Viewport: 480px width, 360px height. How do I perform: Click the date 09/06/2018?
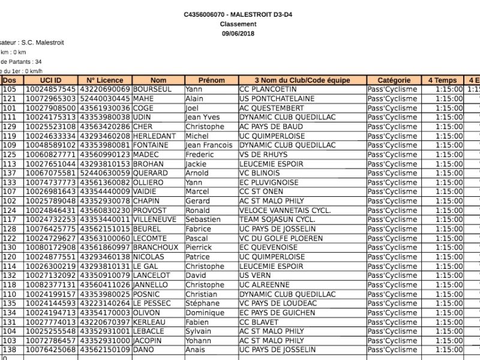pos(238,33)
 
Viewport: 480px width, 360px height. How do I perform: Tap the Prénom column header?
pos(211,80)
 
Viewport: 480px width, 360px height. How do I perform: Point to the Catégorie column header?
pos(394,80)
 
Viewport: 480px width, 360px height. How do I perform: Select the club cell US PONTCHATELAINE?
pos(277,98)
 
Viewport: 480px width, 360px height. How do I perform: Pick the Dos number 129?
pos(10,127)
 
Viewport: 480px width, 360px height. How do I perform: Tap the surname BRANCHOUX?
pos(155,248)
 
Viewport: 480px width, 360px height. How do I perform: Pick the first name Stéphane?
pos(202,304)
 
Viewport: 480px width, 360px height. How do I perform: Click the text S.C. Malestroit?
pos(42,43)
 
